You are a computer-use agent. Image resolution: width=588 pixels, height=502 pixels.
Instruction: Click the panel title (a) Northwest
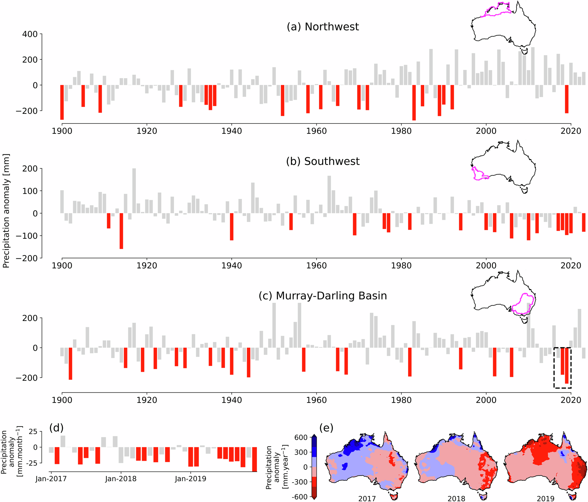(323, 27)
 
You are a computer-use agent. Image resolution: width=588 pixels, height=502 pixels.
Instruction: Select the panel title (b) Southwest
(323, 161)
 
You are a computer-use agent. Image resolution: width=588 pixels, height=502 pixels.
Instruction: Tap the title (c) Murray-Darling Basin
(323, 296)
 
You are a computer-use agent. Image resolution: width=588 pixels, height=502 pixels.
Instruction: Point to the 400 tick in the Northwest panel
(30, 34)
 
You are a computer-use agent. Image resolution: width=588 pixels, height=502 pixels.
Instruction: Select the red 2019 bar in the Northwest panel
(567, 99)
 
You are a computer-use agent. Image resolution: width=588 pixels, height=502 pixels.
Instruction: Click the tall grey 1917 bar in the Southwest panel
(134, 190)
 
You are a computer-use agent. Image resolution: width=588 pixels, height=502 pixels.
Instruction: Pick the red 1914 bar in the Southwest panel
(121, 231)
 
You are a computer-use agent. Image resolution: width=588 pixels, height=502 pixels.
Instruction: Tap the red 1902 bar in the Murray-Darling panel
(71, 363)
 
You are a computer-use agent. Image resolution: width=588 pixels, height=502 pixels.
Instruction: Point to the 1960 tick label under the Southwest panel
(316, 266)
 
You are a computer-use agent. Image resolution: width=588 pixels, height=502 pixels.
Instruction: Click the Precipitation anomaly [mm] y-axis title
(6, 211)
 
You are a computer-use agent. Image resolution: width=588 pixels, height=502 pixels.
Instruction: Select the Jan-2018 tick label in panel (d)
(121, 479)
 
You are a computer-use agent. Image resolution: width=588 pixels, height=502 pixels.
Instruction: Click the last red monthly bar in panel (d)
(254, 459)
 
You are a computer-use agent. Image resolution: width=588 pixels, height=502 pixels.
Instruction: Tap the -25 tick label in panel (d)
(33, 463)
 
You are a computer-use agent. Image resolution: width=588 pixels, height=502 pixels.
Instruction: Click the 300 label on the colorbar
(301, 452)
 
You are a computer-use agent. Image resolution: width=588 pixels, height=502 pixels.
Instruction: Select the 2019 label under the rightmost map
(545, 498)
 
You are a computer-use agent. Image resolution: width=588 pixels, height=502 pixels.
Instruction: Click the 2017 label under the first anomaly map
(367, 498)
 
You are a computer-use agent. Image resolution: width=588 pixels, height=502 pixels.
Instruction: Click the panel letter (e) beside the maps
(326, 428)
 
